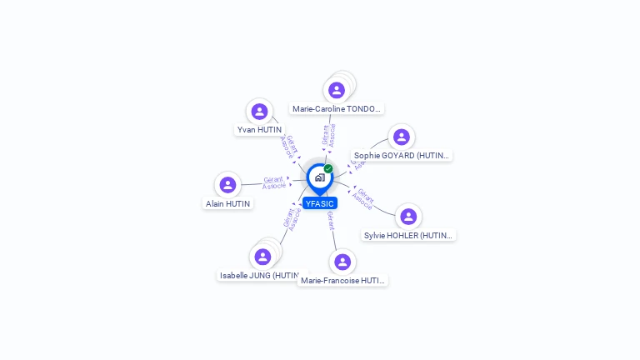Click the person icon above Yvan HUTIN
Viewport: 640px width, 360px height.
click(x=259, y=112)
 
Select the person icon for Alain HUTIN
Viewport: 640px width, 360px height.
click(x=227, y=185)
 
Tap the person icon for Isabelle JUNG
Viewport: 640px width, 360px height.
click(x=262, y=257)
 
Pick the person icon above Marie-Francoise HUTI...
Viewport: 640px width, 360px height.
click(x=342, y=262)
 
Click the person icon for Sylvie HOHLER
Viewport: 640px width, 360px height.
click(x=407, y=217)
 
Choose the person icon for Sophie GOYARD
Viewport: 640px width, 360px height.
click(x=401, y=137)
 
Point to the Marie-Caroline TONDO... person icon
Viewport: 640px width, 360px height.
click(x=337, y=90)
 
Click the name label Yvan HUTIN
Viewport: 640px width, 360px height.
click(x=259, y=130)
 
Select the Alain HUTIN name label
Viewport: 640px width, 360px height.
click(x=227, y=203)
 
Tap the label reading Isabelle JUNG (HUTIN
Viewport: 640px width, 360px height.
click(x=259, y=275)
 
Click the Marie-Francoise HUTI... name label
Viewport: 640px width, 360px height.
click(x=342, y=281)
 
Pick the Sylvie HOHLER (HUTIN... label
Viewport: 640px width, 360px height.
click(x=408, y=235)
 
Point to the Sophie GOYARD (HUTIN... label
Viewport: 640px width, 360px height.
click(x=401, y=155)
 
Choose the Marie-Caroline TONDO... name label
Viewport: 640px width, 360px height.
click(x=337, y=109)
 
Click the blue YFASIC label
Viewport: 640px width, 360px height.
click(x=320, y=203)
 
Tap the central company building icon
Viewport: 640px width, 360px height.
click(x=319, y=177)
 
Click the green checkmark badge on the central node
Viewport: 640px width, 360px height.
click(x=328, y=169)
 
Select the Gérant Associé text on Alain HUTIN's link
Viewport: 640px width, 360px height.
click(x=274, y=182)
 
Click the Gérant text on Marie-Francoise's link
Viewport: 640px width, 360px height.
click(x=331, y=221)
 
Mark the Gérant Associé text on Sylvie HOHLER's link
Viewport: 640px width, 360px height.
click(x=363, y=198)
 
